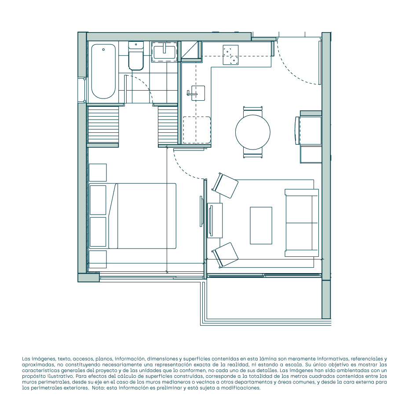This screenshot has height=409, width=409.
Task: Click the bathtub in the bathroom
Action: [103, 71]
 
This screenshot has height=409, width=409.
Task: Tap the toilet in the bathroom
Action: [136, 56]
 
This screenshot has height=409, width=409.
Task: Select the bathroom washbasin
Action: [164, 51]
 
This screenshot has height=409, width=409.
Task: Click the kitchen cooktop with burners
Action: [230, 55]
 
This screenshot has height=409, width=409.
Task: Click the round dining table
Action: [253, 132]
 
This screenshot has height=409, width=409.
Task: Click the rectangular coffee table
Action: [261, 225]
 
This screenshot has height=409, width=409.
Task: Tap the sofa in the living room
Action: [302, 223]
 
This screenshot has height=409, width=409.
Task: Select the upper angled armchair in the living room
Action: [225, 186]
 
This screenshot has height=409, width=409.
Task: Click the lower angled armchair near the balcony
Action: [225, 255]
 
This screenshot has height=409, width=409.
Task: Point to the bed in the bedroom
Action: [132, 216]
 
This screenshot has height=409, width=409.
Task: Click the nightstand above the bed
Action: [98, 172]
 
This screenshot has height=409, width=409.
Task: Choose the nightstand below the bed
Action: [98, 259]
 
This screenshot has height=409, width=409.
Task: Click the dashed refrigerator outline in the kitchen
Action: [197, 130]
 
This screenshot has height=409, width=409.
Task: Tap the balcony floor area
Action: [263, 298]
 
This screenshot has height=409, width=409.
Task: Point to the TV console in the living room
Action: [215, 220]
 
